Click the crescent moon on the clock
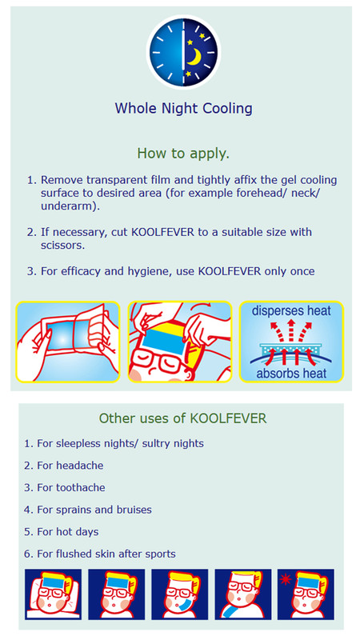click(195, 57)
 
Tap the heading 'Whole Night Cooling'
click(183, 109)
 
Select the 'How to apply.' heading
click(183, 154)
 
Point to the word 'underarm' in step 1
click(68, 206)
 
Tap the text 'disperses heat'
click(291, 311)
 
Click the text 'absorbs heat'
click(291, 373)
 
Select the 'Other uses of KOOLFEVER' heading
click(182, 418)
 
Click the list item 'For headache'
click(70, 466)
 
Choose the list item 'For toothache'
click(71, 487)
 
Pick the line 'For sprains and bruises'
click(94, 510)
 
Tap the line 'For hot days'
click(68, 532)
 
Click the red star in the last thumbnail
click(285, 579)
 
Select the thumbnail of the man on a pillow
click(53, 594)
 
